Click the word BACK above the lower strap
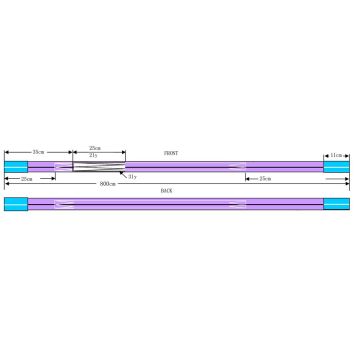(x=166, y=190)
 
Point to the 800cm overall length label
(x=107, y=184)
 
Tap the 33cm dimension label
(x=38, y=151)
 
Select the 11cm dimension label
(x=337, y=155)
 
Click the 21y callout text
(x=93, y=155)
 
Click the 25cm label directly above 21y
(x=95, y=148)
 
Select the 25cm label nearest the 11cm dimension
(x=265, y=178)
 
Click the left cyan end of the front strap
(x=16, y=166)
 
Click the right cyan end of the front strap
(x=336, y=166)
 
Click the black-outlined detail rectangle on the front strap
(x=98, y=165)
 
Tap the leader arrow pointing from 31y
(x=124, y=174)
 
